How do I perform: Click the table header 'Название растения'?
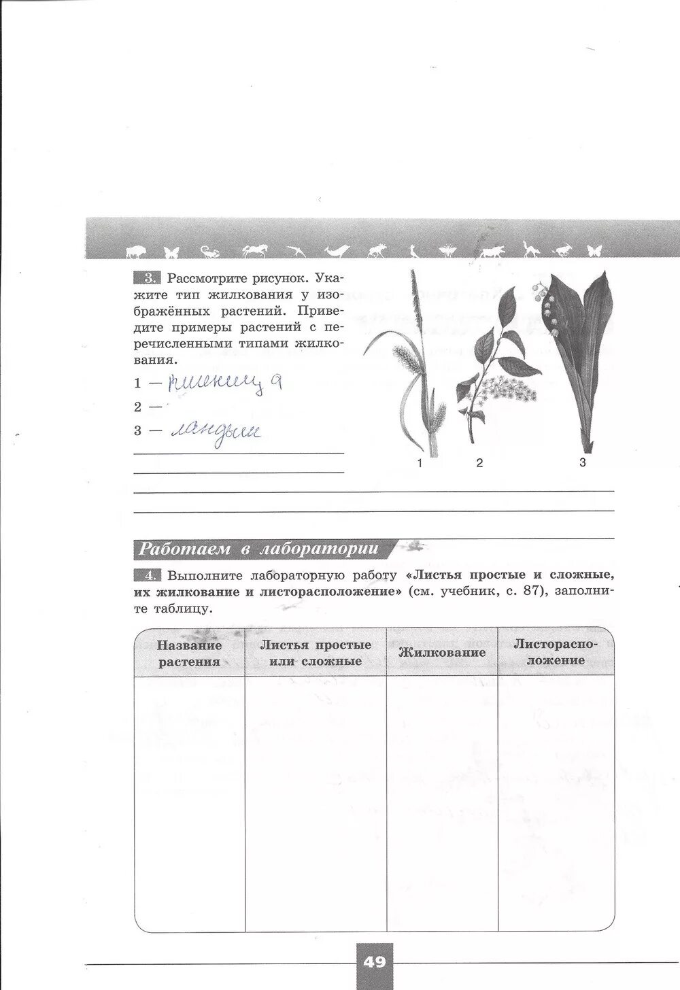click(x=190, y=653)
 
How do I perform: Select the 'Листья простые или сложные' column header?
click(x=316, y=653)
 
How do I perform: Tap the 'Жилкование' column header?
click(x=442, y=653)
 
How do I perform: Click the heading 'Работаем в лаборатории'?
click(x=258, y=549)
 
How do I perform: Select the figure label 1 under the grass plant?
click(x=420, y=464)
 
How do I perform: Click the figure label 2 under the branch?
click(x=479, y=463)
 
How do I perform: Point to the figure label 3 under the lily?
click(x=582, y=463)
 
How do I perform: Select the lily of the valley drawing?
click(x=578, y=360)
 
